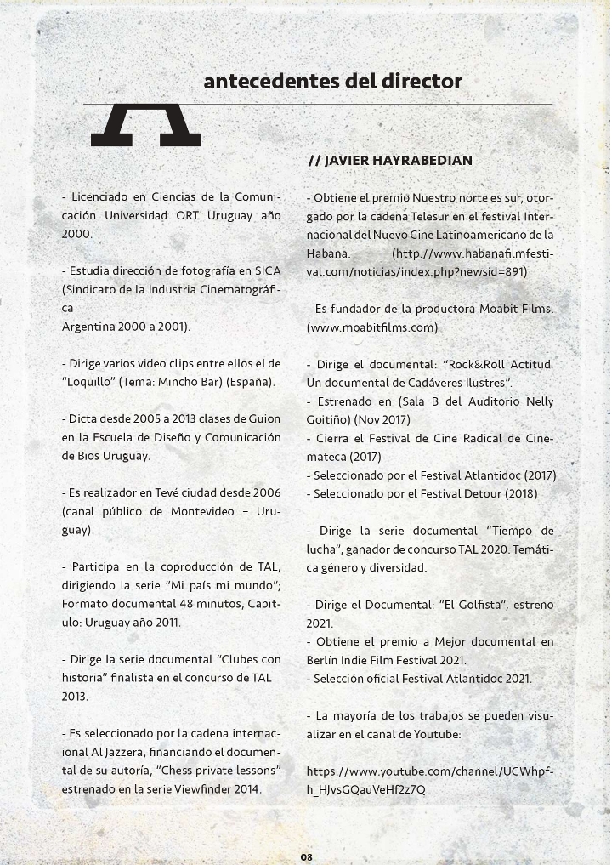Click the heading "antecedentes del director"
click(x=332, y=82)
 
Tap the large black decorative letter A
click(x=145, y=125)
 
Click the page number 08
click(x=306, y=856)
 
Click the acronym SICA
click(x=265, y=270)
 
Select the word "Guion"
click(x=263, y=418)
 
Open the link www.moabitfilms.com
click(x=372, y=327)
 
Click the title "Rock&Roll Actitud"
click(x=497, y=364)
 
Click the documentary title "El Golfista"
click(x=472, y=605)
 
